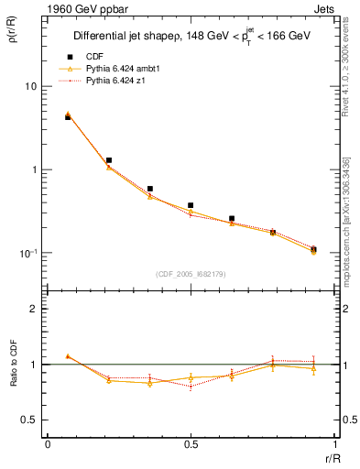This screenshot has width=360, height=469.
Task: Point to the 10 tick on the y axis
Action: pyautogui.click(x=29, y=86)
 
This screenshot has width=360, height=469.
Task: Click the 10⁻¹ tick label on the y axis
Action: pyautogui.click(x=27, y=254)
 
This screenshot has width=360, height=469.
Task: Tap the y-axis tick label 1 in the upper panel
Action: pyautogui.click(x=33, y=170)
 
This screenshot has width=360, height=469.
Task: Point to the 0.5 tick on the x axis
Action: pyautogui.click(x=191, y=445)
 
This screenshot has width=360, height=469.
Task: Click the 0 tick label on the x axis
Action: pyautogui.click(x=47, y=445)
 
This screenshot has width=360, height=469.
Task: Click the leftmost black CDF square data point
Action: pyautogui.click(x=68, y=117)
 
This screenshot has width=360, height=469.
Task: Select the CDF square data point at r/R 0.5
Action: pyautogui.click(x=191, y=205)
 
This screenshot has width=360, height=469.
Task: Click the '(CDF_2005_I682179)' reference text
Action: pyautogui.click(x=191, y=273)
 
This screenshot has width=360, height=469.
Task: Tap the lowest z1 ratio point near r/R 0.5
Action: pyautogui.click(x=191, y=387)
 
